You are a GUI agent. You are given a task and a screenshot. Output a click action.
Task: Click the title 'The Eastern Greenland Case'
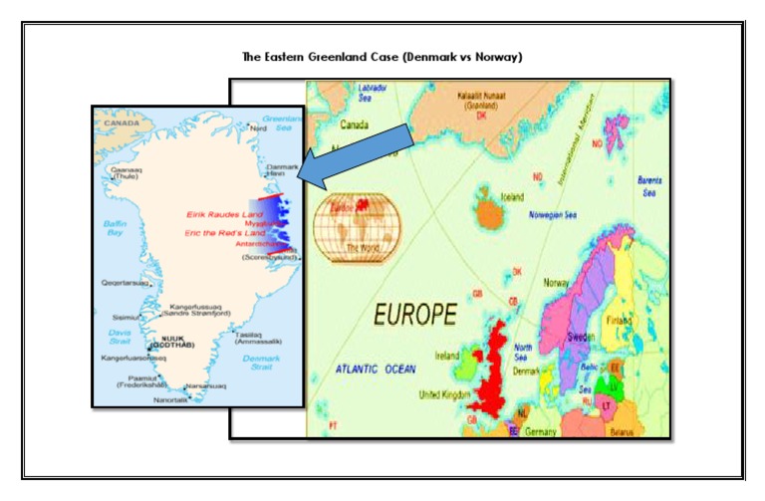pos(382,57)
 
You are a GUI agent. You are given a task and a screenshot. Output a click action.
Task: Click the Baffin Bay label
pos(115,228)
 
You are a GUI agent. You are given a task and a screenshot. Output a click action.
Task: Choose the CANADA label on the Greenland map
pos(122,124)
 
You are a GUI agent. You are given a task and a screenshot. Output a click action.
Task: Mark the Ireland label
pos(448,355)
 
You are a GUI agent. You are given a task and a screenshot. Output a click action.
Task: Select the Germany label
pos(542,431)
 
